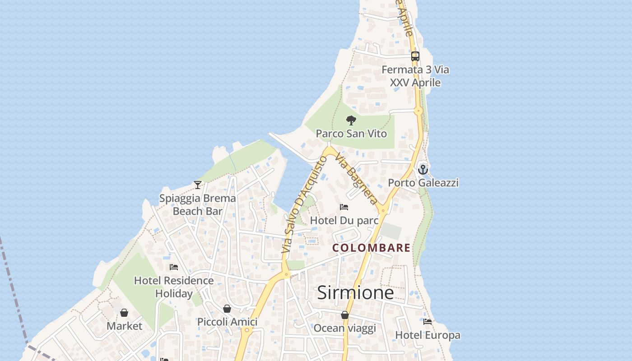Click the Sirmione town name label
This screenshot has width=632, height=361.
[x=355, y=292]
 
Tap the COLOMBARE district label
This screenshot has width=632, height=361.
[x=372, y=248]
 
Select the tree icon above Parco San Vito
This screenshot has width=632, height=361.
[x=351, y=120]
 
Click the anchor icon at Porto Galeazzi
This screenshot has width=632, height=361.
[x=423, y=170]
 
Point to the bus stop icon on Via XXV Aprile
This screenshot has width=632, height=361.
[x=415, y=56]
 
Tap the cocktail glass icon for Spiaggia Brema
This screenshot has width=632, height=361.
[x=198, y=185]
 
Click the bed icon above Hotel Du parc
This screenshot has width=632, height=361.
[x=344, y=207]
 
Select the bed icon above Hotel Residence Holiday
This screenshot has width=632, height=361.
[x=174, y=267]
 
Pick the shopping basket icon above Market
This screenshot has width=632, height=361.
[x=124, y=313]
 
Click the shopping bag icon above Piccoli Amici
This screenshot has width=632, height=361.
[x=227, y=309]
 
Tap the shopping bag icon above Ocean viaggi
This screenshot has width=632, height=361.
[x=345, y=315]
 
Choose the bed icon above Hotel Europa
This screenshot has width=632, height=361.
[x=428, y=322]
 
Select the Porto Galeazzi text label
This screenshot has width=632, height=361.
[x=423, y=182]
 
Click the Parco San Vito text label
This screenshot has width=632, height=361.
[x=351, y=134]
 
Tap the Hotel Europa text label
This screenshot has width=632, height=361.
[x=428, y=335]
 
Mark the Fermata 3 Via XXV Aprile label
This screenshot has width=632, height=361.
[x=415, y=76]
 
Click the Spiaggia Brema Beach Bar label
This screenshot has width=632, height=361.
[x=198, y=204]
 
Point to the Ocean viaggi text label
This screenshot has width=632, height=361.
[x=345, y=328]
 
